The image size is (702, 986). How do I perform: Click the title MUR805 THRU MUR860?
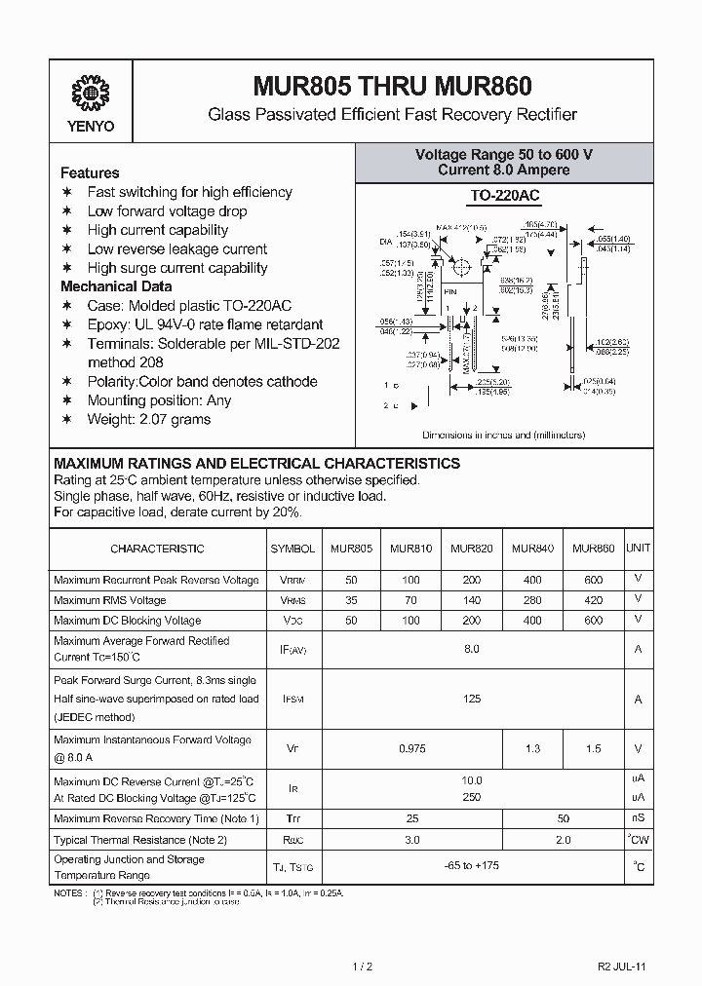pyautogui.click(x=392, y=88)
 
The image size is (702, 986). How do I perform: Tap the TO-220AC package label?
pyautogui.click(x=504, y=196)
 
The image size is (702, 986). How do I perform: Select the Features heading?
pyautogui.click(x=90, y=172)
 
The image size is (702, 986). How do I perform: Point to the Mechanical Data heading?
pyautogui.click(x=116, y=286)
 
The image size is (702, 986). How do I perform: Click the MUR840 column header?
pyautogui.click(x=532, y=549)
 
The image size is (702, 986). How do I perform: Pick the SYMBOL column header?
pyautogui.click(x=292, y=549)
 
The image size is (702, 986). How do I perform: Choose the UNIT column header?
pyautogui.click(x=639, y=549)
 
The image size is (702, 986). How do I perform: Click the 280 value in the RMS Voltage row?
pyautogui.click(x=532, y=600)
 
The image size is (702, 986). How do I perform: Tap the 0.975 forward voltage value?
pyautogui.click(x=411, y=749)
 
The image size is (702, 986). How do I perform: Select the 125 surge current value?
pyautogui.click(x=472, y=699)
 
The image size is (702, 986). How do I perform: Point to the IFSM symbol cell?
pyautogui.click(x=292, y=700)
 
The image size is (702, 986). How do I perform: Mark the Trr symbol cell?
pyautogui.click(x=292, y=819)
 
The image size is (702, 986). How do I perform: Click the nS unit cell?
pyautogui.click(x=639, y=818)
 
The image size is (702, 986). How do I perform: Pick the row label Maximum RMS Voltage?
pyautogui.click(x=110, y=600)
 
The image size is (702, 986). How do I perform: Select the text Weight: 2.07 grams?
pyautogui.click(x=149, y=419)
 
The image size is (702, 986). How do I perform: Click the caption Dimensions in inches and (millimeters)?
pyautogui.click(x=504, y=435)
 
